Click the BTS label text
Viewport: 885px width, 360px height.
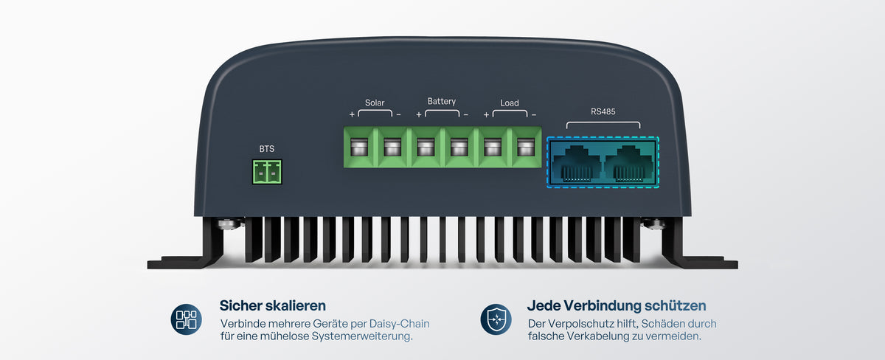(x=267, y=149)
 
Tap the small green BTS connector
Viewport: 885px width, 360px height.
(x=267, y=172)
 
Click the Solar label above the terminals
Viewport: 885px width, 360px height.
(x=375, y=103)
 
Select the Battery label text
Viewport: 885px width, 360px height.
(x=441, y=102)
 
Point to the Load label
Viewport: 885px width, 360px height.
(x=510, y=103)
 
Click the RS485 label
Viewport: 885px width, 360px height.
(x=603, y=111)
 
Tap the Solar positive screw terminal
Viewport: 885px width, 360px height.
(x=359, y=147)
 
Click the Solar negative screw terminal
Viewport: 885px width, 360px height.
(x=392, y=147)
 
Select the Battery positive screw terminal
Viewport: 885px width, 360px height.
(x=426, y=147)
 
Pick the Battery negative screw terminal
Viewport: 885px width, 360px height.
(x=459, y=147)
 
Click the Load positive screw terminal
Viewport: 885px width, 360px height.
(x=493, y=147)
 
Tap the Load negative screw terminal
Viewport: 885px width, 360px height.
(x=526, y=147)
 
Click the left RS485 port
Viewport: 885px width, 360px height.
(x=577, y=164)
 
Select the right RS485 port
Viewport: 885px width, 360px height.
(x=629, y=164)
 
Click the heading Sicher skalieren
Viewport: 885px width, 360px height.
(x=273, y=305)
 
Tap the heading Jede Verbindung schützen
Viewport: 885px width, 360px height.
(x=617, y=305)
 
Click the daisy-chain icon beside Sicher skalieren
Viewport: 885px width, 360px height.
(x=186, y=319)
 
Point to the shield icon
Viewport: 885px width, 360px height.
(x=496, y=319)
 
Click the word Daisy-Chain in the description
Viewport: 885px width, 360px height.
(x=399, y=324)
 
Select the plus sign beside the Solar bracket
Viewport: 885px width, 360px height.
(x=352, y=114)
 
